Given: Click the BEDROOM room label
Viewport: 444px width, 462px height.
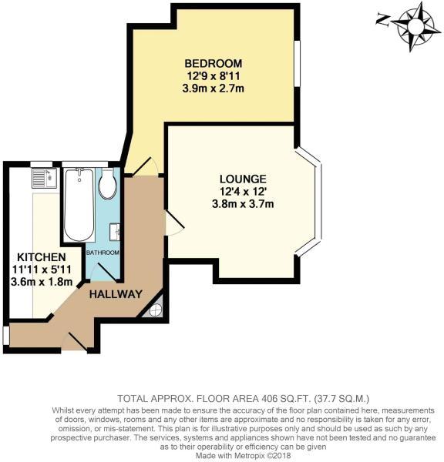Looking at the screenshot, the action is [x=214, y=63].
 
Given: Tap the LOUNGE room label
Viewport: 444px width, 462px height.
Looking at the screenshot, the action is [x=243, y=179].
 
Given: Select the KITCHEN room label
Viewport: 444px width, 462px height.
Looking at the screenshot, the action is [x=42, y=257].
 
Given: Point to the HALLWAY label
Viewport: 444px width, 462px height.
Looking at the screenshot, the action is [x=116, y=294].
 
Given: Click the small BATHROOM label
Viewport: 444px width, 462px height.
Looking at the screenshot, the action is [x=103, y=253].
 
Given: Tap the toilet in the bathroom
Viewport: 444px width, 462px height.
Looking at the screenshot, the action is [x=108, y=183].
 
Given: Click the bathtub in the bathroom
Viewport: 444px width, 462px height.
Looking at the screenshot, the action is [x=79, y=205].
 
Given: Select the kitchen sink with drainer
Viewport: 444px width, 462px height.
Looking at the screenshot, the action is [x=44, y=178].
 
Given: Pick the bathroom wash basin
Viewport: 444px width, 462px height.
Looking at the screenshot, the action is [x=115, y=233].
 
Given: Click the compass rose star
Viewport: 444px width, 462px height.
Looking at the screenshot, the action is [x=415, y=26].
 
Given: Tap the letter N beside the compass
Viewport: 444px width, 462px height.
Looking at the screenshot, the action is [x=382, y=20].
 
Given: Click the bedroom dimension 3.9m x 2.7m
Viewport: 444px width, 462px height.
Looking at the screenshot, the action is [x=214, y=89].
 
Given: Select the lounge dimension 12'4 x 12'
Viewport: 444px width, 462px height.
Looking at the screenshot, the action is [x=243, y=192].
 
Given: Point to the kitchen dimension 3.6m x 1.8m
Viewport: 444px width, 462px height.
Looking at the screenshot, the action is [x=42, y=282].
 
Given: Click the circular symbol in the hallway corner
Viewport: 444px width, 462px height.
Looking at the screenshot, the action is [x=155, y=310].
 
